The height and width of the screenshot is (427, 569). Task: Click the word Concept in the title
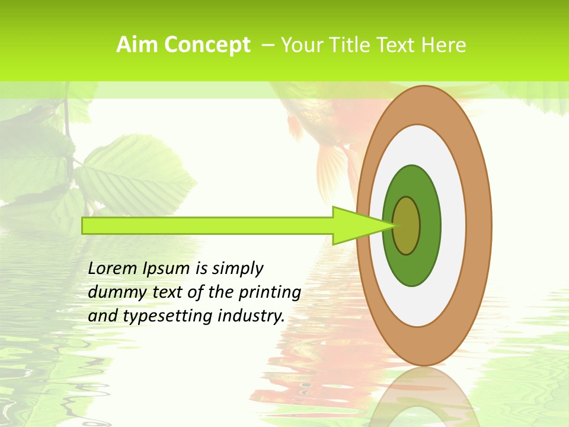207,45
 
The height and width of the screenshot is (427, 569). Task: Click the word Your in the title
300,45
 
